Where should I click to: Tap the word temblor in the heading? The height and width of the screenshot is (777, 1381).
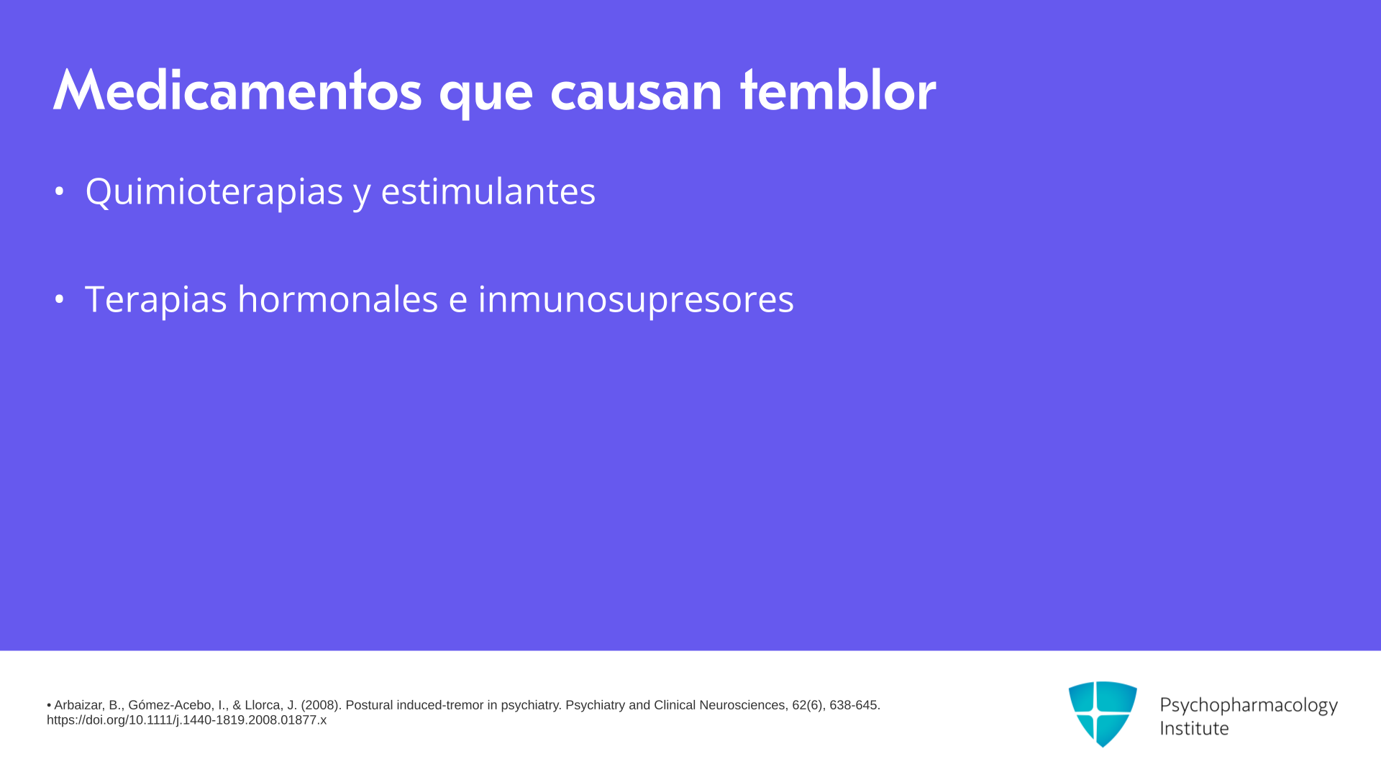838,91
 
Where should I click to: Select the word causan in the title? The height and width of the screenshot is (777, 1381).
636,94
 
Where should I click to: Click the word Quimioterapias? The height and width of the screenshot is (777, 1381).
214,191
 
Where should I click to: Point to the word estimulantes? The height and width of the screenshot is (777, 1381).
488,191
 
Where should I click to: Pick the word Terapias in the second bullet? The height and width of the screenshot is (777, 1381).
155,299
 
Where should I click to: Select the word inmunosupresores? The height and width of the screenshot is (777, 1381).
636,299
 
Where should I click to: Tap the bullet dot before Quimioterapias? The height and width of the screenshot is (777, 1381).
59,191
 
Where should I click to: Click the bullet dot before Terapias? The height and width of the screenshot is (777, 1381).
59,299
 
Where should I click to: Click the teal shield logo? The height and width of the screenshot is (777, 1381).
1103,714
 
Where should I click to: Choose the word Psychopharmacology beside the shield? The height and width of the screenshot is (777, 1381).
1249,705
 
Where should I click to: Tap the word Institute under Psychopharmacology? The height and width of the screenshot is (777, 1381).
1194,728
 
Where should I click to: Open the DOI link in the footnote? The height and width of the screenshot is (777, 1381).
186,720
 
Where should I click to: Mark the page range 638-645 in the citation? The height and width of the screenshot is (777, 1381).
854,706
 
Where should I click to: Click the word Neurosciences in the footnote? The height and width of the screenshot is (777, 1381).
744,706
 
